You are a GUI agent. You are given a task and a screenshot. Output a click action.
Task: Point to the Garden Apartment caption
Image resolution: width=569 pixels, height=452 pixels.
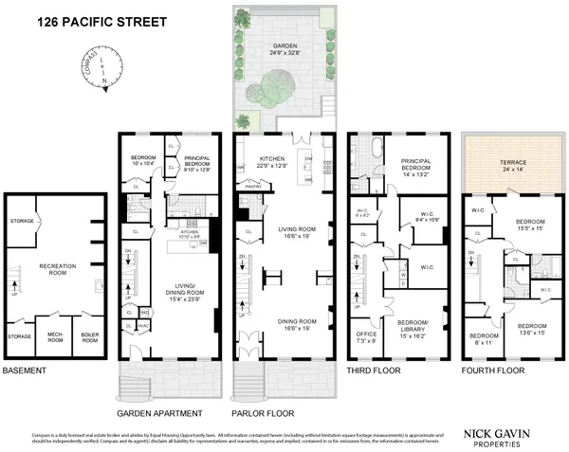pyautogui.click(x=158, y=414)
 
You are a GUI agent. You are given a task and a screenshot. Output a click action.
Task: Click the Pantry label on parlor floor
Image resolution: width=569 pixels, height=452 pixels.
pyautogui.click(x=252, y=188)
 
